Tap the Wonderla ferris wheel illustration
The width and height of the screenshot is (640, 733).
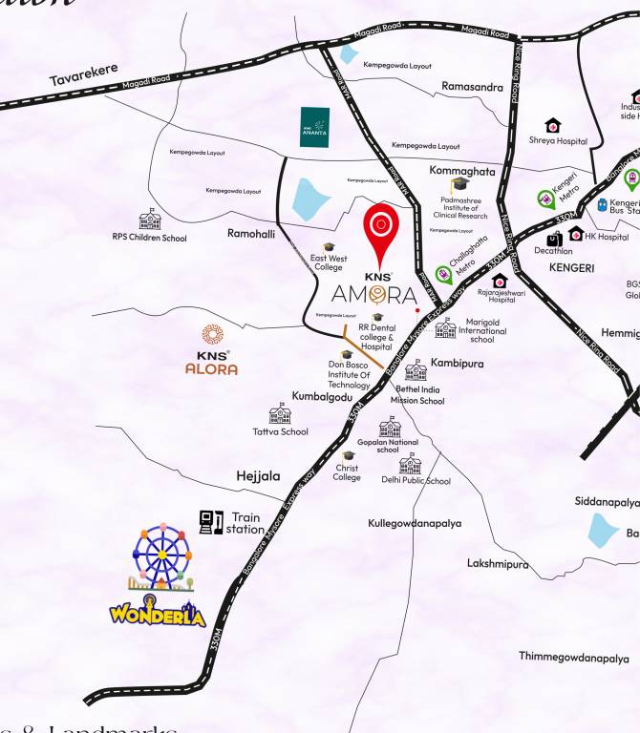(x=161, y=556)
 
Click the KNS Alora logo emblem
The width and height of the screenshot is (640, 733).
(x=212, y=336)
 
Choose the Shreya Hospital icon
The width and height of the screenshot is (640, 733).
(x=552, y=125)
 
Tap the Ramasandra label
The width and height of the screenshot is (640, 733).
(x=472, y=87)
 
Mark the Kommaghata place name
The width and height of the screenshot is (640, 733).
(x=462, y=171)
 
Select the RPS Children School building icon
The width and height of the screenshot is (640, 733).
(x=149, y=220)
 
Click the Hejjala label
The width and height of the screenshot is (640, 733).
(x=258, y=475)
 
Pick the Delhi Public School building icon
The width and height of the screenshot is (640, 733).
(x=411, y=465)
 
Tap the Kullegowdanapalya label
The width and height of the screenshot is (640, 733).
(x=415, y=523)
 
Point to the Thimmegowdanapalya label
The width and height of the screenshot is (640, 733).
(x=573, y=657)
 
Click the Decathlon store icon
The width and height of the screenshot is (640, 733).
(x=554, y=240)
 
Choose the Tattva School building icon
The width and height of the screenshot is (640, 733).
(x=280, y=413)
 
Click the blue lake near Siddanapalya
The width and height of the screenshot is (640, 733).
(x=604, y=530)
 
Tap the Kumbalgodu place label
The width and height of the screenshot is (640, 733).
(x=322, y=396)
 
